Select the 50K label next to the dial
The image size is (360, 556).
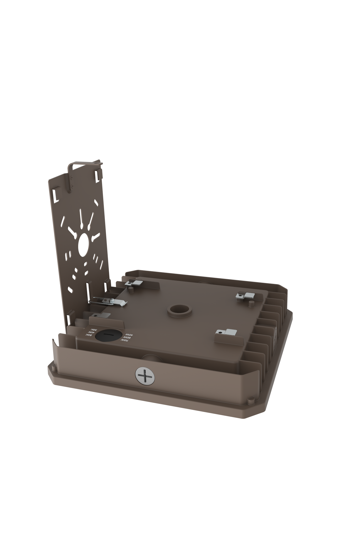88,335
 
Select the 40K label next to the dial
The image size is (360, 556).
92,333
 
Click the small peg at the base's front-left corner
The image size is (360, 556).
52,368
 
